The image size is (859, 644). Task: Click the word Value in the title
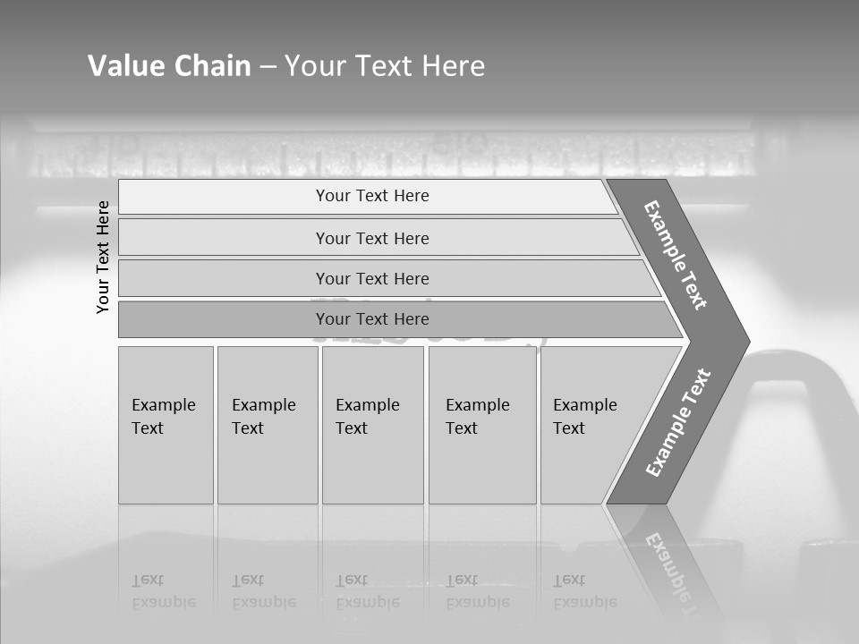(x=123, y=65)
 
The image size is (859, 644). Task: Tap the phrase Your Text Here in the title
(x=385, y=65)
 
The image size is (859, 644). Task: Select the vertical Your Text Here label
(x=103, y=257)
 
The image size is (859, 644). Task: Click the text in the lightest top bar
(x=372, y=196)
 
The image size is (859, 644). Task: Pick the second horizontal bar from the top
(x=372, y=238)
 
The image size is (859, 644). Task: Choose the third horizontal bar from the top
(x=372, y=278)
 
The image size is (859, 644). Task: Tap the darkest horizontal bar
(x=372, y=319)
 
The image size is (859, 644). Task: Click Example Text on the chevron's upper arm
(x=676, y=255)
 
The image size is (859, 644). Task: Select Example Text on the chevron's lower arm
(x=677, y=422)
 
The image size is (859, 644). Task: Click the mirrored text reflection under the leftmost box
(x=164, y=591)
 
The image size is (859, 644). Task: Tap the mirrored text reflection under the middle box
(x=368, y=591)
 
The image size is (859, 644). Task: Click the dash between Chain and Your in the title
(x=268, y=67)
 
